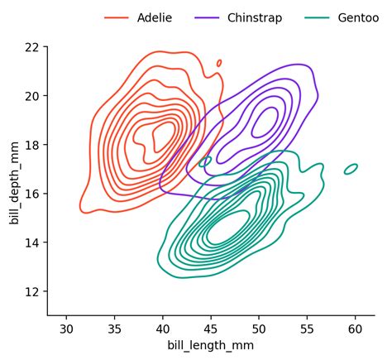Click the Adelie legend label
pos(155,18)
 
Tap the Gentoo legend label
pos(352,18)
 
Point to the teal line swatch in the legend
pos(317,18)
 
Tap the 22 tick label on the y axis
pos(32,47)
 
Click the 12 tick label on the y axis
pos(32,291)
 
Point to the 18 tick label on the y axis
pos(32,145)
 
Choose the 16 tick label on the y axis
pos(32,194)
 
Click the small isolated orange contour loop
pos(219,62)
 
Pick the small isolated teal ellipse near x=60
pos(351,169)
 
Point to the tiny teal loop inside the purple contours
pos(205,161)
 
